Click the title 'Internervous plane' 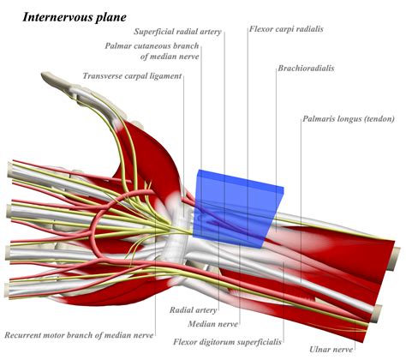(75, 17)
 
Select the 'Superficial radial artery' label (177, 32)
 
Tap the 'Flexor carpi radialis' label (286, 29)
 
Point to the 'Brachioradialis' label (306, 69)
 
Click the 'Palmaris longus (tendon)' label (349, 118)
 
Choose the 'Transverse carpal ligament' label (132, 76)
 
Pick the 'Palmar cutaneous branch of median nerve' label (152, 51)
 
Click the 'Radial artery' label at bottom (194, 309)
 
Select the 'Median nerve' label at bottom (213, 324)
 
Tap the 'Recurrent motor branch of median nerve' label (79, 335)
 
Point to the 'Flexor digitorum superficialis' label (228, 342)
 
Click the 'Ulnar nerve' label (331, 349)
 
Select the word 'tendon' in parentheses (379, 119)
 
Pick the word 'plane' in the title (112, 18)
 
